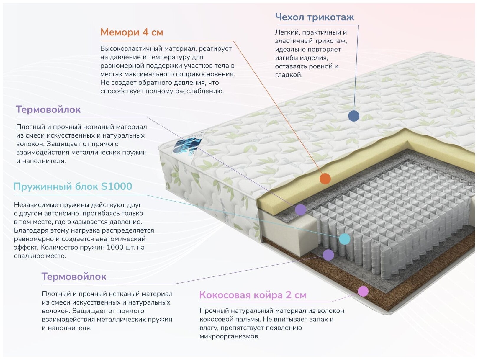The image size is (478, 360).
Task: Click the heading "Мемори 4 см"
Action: [132, 32]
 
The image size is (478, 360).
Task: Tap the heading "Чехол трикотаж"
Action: [314, 17]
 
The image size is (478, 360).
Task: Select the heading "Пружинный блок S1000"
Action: [73, 186]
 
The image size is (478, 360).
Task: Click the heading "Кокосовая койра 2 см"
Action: [253, 295]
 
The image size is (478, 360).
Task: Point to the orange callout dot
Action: [325, 179]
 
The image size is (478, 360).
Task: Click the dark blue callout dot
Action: [353, 116]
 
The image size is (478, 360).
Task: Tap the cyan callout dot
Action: [344, 239]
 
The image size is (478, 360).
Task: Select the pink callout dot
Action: [363, 291]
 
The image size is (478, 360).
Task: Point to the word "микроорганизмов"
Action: [229, 336]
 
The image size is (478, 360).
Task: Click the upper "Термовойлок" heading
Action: [48, 109]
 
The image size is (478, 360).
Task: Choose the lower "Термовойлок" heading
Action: [74, 276]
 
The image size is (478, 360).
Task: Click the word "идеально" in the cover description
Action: [288, 49]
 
